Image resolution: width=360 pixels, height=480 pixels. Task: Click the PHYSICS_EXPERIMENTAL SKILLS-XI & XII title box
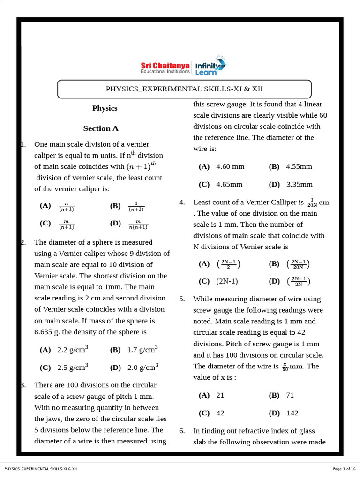[x=184, y=89]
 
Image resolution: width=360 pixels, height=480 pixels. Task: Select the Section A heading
[x=101, y=128]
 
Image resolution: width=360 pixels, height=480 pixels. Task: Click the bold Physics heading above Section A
[x=105, y=108]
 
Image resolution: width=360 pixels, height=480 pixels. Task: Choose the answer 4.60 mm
[x=230, y=167]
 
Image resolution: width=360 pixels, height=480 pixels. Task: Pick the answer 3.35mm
[x=299, y=185]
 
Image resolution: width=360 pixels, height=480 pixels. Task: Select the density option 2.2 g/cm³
[x=73, y=349]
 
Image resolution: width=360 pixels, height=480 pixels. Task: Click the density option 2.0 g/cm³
[x=142, y=367]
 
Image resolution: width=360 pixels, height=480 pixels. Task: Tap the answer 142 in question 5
[x=292, y=413]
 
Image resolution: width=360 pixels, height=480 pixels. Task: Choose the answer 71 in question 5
[x=290, y=395]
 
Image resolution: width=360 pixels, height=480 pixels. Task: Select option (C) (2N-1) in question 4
[x=227, y=281]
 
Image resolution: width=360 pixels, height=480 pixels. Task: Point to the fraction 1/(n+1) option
[x=136, y=207]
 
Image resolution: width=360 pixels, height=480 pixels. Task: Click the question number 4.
[x=182, y=202]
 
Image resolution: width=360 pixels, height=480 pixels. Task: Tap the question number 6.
[x=182, y=431]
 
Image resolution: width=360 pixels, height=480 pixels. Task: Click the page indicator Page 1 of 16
[x=344, y=469]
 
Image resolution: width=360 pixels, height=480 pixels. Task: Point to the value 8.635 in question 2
[x=45, y=332]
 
